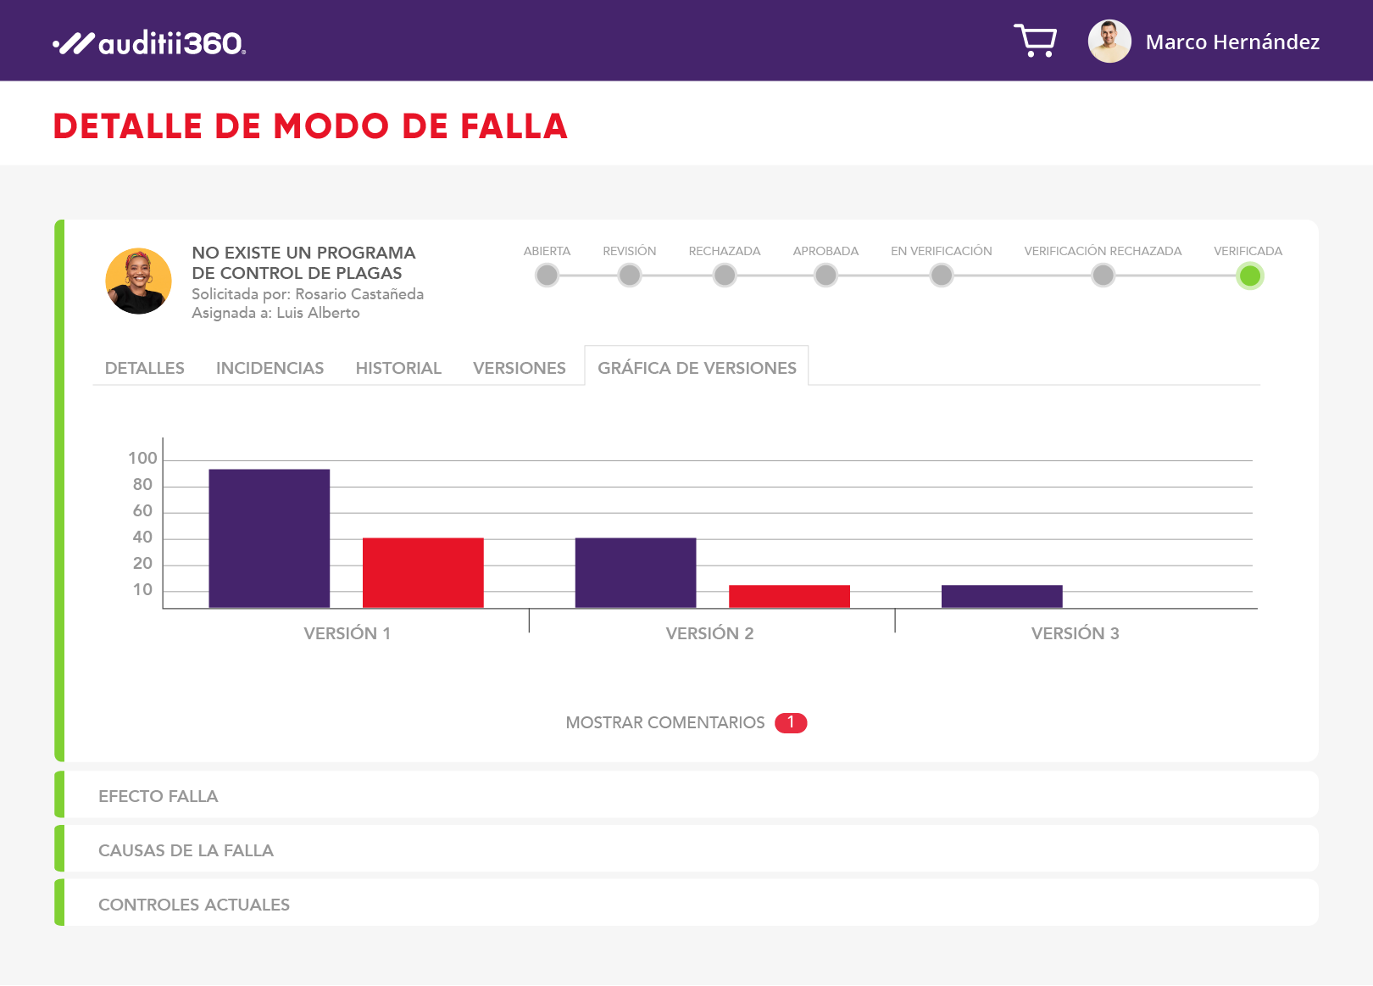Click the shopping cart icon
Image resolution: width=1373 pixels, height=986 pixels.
coord(1035,41)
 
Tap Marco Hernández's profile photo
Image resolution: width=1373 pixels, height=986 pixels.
coord(1109,42)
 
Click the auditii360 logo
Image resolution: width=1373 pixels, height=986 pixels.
coord(150,42)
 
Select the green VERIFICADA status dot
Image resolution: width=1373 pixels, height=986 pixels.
coord(1249,276)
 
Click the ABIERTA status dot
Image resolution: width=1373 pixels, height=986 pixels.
coord(548,276)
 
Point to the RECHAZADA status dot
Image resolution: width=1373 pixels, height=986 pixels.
coord(725,276)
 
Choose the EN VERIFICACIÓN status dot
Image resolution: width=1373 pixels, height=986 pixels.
coord(942,276)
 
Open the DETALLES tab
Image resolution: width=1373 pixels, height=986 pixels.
coord(145,368)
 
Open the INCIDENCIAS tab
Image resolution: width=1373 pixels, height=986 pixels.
coord(270,368)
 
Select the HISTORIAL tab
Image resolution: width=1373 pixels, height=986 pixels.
coord(398,368)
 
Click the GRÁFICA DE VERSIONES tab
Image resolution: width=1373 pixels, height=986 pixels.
coord(697,368)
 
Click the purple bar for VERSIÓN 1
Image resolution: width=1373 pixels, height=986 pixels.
coord(270,538)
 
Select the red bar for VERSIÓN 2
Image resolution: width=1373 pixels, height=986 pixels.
coord(789,596)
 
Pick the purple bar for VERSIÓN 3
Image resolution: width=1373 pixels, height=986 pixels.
coord(1002,596)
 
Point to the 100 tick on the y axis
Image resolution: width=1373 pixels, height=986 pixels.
coord(142,459)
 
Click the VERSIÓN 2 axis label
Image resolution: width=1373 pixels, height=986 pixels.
coord(709,633)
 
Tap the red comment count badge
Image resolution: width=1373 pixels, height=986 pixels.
coord(791,722)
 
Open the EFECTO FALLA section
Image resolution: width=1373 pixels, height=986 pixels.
coord(158,796)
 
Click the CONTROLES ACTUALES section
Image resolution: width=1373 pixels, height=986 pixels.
coord(194,905)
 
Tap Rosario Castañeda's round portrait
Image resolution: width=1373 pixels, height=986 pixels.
coord(138,281)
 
